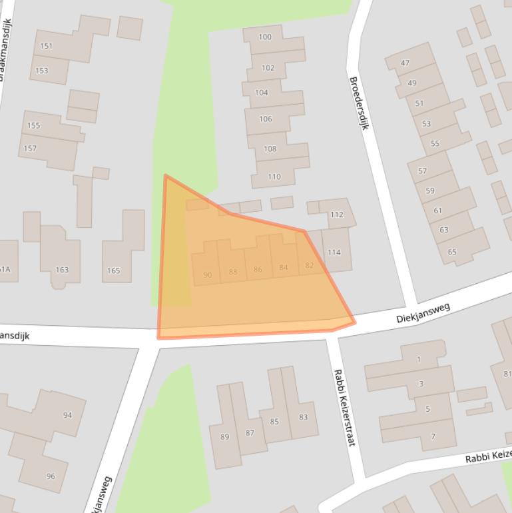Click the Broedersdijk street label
(358, 103)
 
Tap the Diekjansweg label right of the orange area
(423, 313)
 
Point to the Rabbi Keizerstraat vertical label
(345, 407)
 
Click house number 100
(265, 37)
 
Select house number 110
(274, 177)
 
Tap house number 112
(336, 215)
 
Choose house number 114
(334, 253)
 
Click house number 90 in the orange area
(208, 275)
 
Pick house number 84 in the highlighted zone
(284, 268)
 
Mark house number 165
(113, 270)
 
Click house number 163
(62, 270)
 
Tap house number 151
(46, 47)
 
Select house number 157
(30, 149)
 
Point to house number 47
(405, 63)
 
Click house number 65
(452, 252)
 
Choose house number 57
(422, 171)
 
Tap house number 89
(224, 437)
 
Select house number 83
(304, 418)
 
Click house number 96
(51, 476)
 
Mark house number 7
(433, 437)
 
